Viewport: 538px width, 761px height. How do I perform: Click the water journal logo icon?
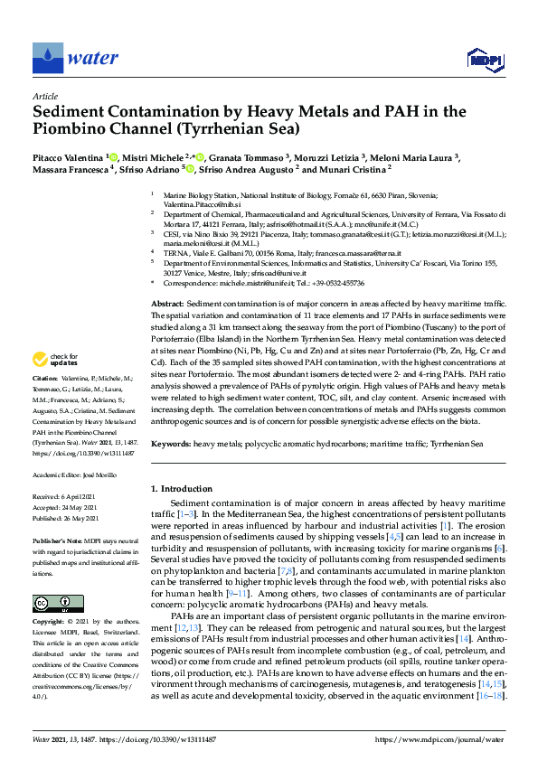coord(48,58)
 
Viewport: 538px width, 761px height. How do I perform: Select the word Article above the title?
coord(44,97)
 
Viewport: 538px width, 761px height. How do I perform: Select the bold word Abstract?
coord(167,305)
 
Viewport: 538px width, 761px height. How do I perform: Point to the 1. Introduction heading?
coord(186,489)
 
